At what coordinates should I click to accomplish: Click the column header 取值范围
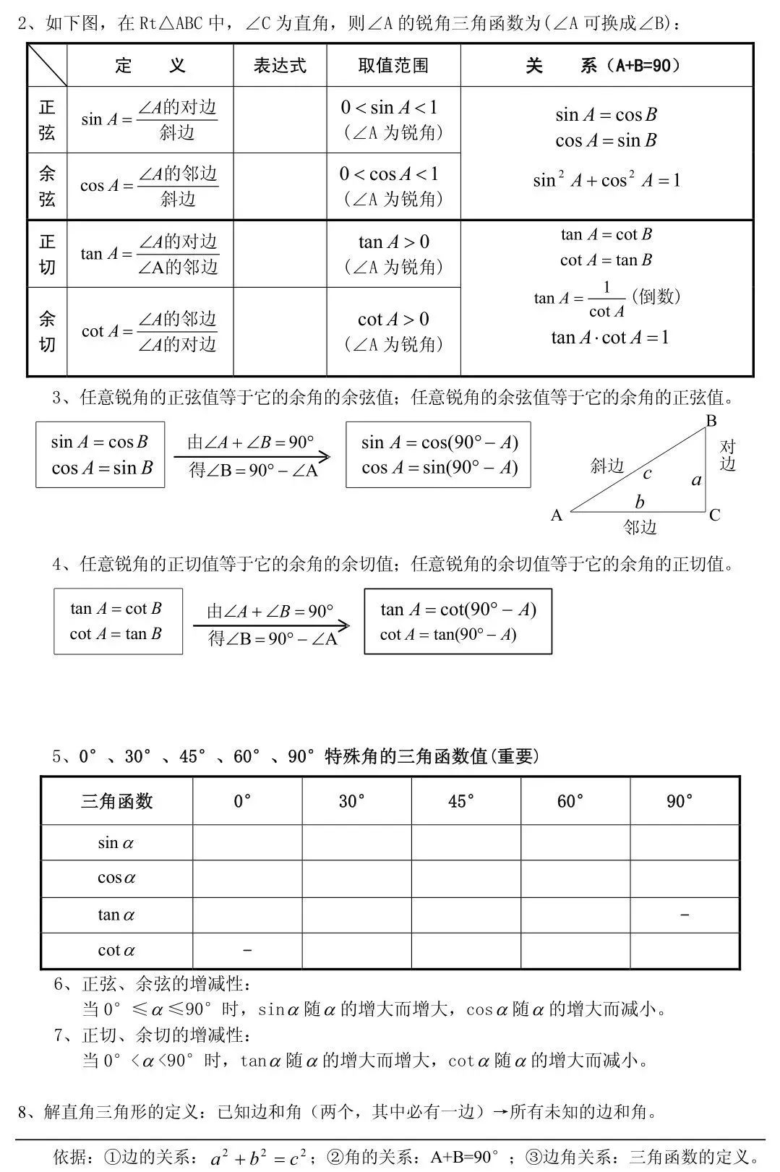393,66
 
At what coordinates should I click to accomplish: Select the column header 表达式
280,66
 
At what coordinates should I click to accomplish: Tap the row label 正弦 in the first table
47,120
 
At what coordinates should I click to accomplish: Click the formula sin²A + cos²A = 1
607,180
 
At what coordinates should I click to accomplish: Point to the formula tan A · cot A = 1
609,338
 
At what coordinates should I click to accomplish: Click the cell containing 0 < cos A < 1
393,186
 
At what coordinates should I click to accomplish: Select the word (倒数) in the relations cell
656,296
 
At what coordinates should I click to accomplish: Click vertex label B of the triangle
711,421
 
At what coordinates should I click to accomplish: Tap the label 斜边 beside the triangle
607,466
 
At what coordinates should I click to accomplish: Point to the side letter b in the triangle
640,501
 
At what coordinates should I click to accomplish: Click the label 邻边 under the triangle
640,528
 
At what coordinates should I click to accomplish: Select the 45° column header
462,801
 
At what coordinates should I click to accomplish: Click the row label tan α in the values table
116,915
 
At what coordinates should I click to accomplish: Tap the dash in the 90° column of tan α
685,915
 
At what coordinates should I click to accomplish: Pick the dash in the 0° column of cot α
247,950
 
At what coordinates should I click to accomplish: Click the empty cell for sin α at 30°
356,843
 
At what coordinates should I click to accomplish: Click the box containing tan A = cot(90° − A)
458,622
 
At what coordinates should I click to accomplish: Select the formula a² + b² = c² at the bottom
258,1157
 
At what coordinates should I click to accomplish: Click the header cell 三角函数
116,801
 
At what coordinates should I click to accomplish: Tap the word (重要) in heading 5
515,756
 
